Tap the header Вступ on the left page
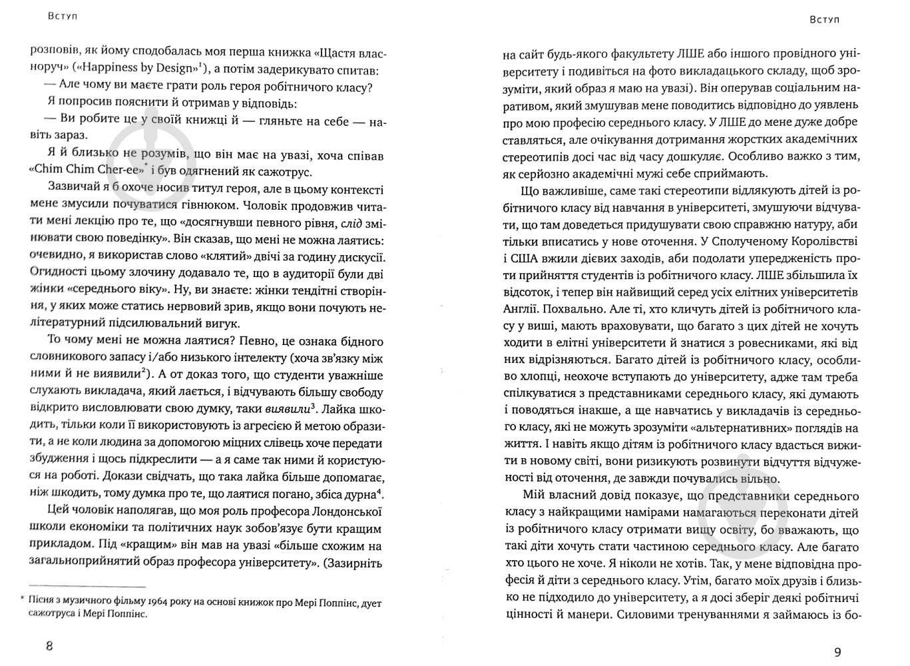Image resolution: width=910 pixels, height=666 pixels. coord(63,16)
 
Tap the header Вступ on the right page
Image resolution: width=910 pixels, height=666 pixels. coord(825,19)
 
